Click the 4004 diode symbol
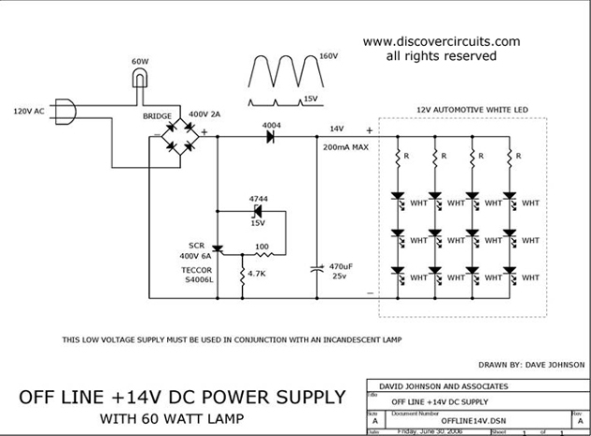click(x=270, y=136)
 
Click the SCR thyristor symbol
click(x=217, y=248)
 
